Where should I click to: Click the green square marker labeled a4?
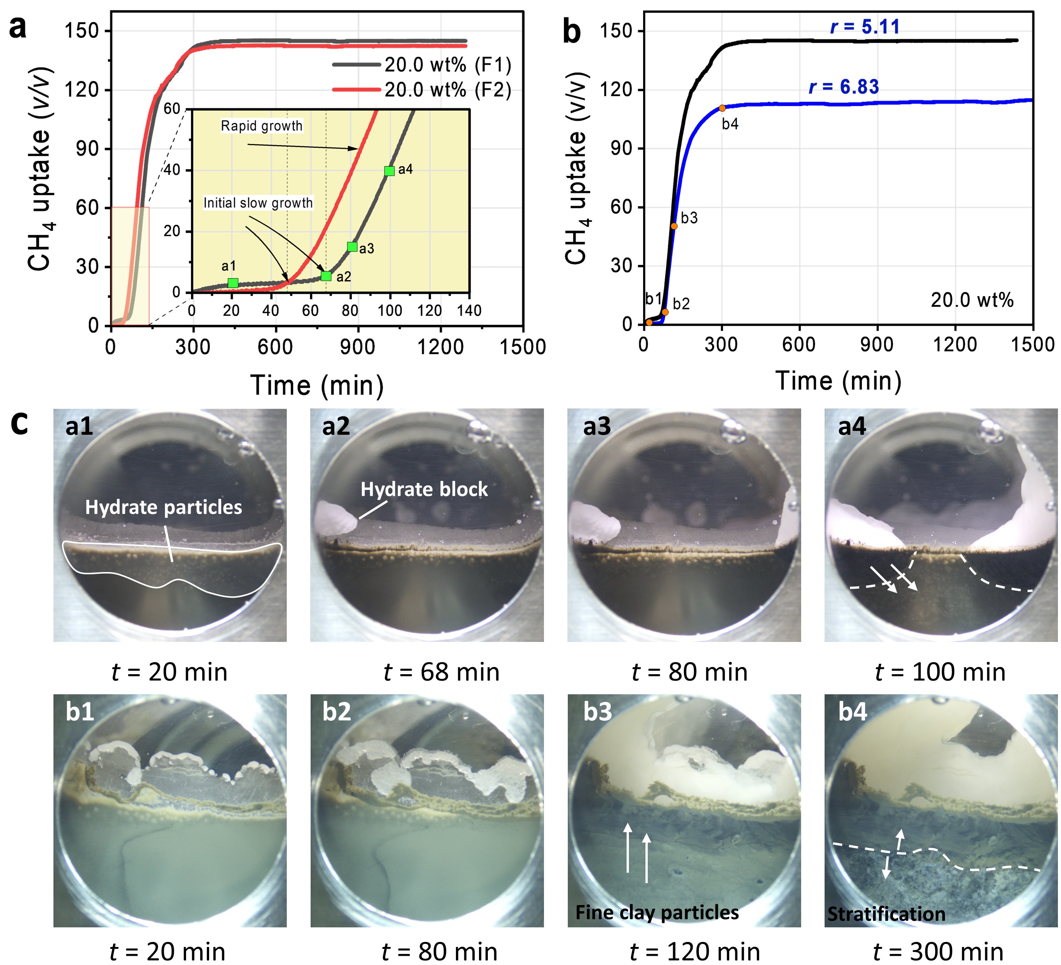[389, 171]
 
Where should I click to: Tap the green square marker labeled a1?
[233, 284]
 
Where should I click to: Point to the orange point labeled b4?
[722, 108]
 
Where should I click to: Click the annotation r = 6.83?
[844, 87]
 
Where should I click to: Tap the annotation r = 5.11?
[865, 27]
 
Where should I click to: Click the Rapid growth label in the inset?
[261, 126]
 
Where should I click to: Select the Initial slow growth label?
[258, 203]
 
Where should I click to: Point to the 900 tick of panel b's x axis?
[877, 345]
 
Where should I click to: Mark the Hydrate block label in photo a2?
[424, 489]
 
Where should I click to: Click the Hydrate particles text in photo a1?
[164, 507]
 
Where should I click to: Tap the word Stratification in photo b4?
[886, 915]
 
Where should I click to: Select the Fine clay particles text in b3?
[657, 912]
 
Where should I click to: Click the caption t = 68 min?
[442, 672]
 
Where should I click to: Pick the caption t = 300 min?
[938, 952]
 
